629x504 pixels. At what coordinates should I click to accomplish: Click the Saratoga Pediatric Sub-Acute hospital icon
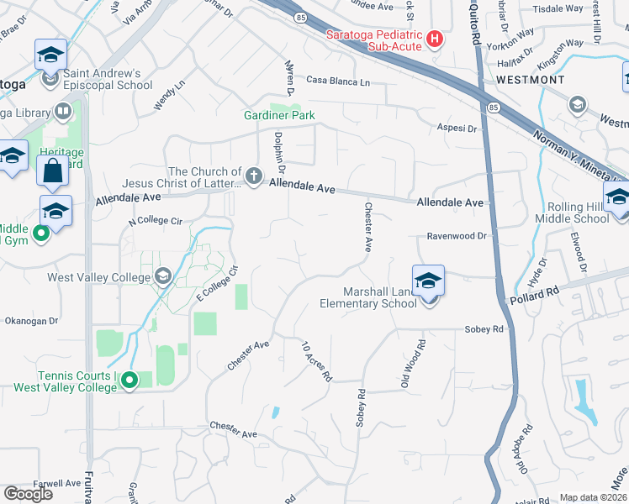click(x=435, y=39)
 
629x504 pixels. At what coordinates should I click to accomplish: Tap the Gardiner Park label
click(x=272, y=115)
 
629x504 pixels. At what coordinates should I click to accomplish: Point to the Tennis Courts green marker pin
click(x=129, y=381)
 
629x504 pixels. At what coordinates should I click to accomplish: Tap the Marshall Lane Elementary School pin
click(x=428, y=281)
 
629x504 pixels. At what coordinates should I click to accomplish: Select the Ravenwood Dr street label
click(x=457, y=237)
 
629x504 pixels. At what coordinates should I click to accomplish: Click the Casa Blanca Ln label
click(x=338, y=81)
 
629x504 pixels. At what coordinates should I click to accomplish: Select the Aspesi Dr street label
click(x=457, y=129)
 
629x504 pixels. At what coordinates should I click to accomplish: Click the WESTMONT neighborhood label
click(x=531, y=79)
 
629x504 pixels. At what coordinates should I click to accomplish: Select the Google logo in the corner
click(x=28, y=493)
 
